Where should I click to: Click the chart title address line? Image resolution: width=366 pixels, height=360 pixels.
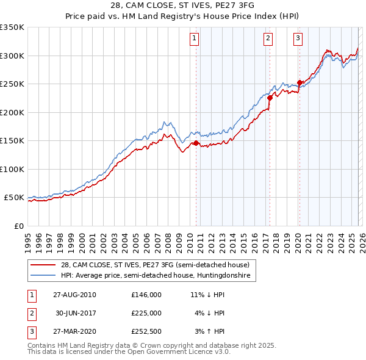182,4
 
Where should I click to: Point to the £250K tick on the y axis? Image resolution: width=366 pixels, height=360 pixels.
12,84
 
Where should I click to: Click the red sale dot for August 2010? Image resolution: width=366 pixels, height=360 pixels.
196,143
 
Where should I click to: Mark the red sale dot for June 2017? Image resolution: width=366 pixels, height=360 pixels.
270,98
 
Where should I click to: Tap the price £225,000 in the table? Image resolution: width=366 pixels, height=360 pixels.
146,313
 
